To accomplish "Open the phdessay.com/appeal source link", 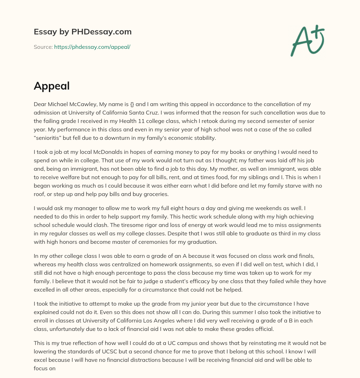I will pyautogui.click(x=92, y=47).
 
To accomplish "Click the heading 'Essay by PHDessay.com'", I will pyautogui.click(x=83, y=32).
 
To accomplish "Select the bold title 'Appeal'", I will pyautogui.click(x=52, y=86).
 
